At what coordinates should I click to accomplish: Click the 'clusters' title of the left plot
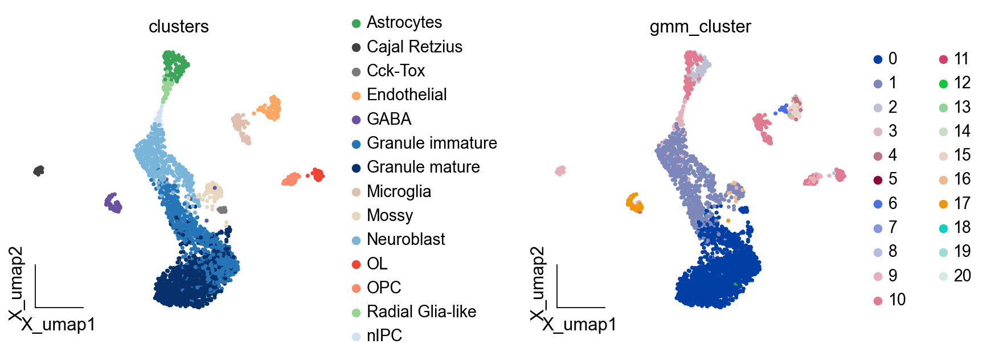[178, 27]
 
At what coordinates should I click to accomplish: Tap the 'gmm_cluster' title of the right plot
[700, 27]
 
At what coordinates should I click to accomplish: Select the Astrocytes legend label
[404, 23]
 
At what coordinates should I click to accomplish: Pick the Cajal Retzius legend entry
[414, 47]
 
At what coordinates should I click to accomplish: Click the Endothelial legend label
[406, 95]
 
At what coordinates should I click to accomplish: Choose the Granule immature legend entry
[431, 143]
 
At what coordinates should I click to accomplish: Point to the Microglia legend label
[398, 191]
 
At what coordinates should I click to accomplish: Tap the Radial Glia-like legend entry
[421, 312]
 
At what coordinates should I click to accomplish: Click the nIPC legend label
[384, 336]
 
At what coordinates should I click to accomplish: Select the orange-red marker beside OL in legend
[357, 264]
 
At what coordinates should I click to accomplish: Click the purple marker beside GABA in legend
[357, 120]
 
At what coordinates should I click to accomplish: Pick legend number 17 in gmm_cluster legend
[962, 203]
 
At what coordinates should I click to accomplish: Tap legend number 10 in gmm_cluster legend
[897, 300]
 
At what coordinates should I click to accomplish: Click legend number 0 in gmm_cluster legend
[892, 59]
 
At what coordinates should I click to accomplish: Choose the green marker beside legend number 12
[943, 84]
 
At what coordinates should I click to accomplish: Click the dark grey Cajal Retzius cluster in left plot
[39, 170]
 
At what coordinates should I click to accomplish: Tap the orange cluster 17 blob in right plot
[634, 202]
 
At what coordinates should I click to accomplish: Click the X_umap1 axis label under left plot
[58, 325]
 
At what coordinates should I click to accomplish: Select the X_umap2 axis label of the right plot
[538, 283]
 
